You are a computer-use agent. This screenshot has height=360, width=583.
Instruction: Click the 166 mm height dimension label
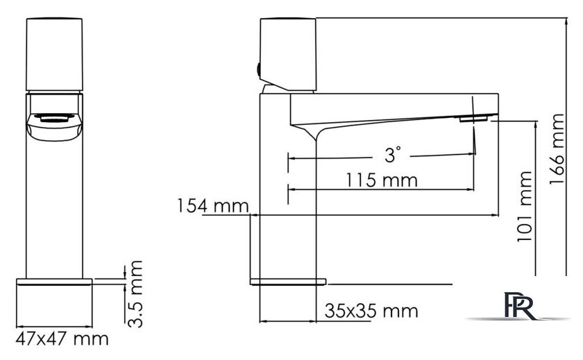pyautogui.click(x=557, y=149)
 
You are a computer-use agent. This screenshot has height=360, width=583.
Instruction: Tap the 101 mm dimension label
pyautogui.click(x=525, y=207)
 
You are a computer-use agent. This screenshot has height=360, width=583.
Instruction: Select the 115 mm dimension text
pyautogui.click(x=382, y=180)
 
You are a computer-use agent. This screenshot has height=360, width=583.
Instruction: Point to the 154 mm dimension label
pyautogui.click(x=212, y=206)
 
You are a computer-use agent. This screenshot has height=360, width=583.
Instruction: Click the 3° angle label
pyautogui.click(x=393, y=155)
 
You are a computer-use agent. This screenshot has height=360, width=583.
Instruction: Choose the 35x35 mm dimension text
pyautogui.click(x=371, y=311)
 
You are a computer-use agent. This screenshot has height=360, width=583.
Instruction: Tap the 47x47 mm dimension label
pyautogui.click(x=62, y=338)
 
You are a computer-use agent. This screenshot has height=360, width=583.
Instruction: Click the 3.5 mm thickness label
pyautogui.click(x=135, y=294)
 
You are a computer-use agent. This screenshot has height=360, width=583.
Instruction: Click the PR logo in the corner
pyautogui.click(x=519, y=306)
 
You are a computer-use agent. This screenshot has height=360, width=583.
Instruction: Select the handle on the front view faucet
pyautogui.click(x=54, y=54)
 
